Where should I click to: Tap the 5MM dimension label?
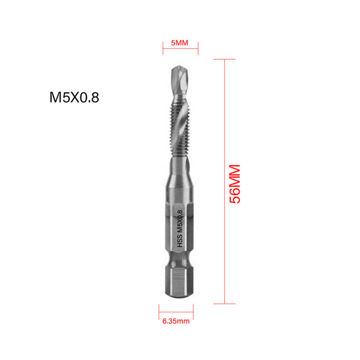click(180, 43)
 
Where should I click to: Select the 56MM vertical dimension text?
click(235, 184)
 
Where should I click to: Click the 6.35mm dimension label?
click(176, 322)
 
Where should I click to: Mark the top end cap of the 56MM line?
click(224, 59)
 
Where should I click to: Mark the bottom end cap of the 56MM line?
click(224, 305)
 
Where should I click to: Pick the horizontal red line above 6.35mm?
click(176, 310)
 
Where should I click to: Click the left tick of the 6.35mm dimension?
click(159, 310)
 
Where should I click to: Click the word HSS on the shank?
click(180, 242)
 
